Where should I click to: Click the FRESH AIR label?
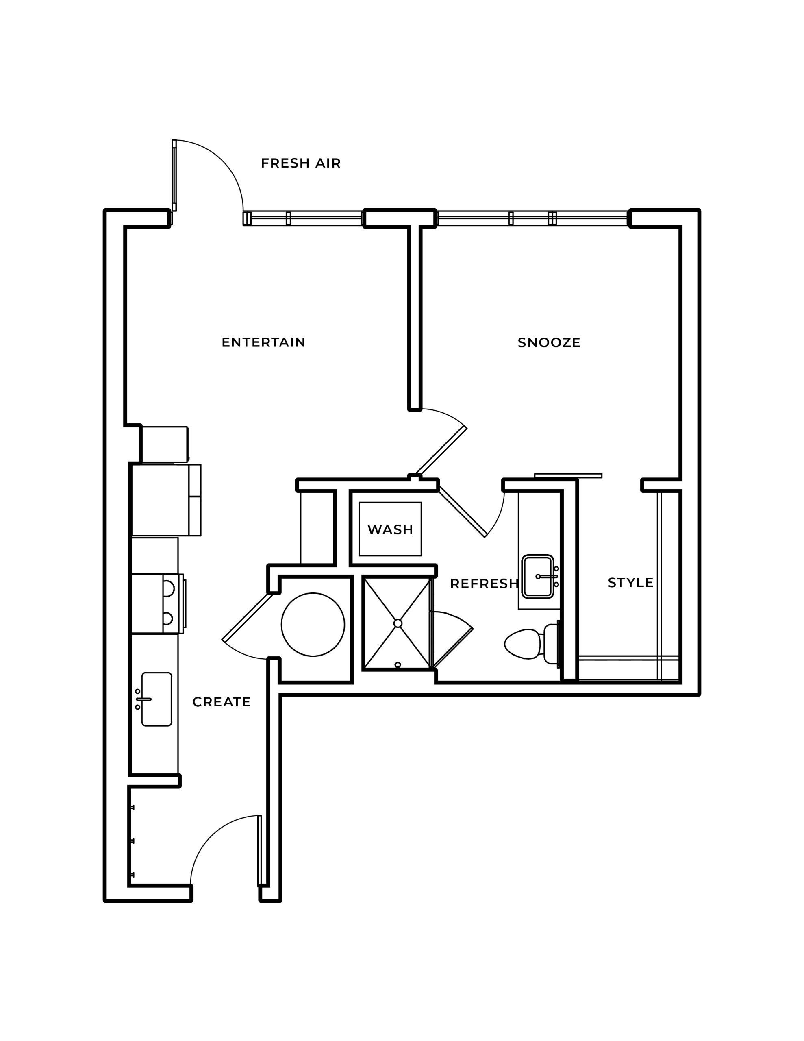[301, 163]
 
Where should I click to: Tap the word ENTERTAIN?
[263, 342]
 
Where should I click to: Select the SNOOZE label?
[549, 343]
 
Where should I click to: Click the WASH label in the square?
[390, 529]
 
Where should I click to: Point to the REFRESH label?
[484, 584]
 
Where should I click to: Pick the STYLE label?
[630, 582]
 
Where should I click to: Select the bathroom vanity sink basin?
[538, 576]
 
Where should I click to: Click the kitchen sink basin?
[157, 699]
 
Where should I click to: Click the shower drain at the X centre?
[398, 623]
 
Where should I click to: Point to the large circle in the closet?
[313, 625]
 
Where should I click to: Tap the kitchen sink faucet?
[143, 699]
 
